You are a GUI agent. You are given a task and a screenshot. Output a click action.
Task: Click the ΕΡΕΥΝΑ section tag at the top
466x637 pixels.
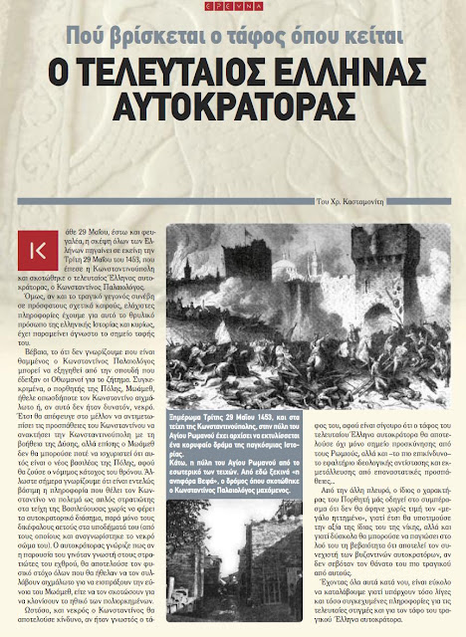[x=232, y=7]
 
